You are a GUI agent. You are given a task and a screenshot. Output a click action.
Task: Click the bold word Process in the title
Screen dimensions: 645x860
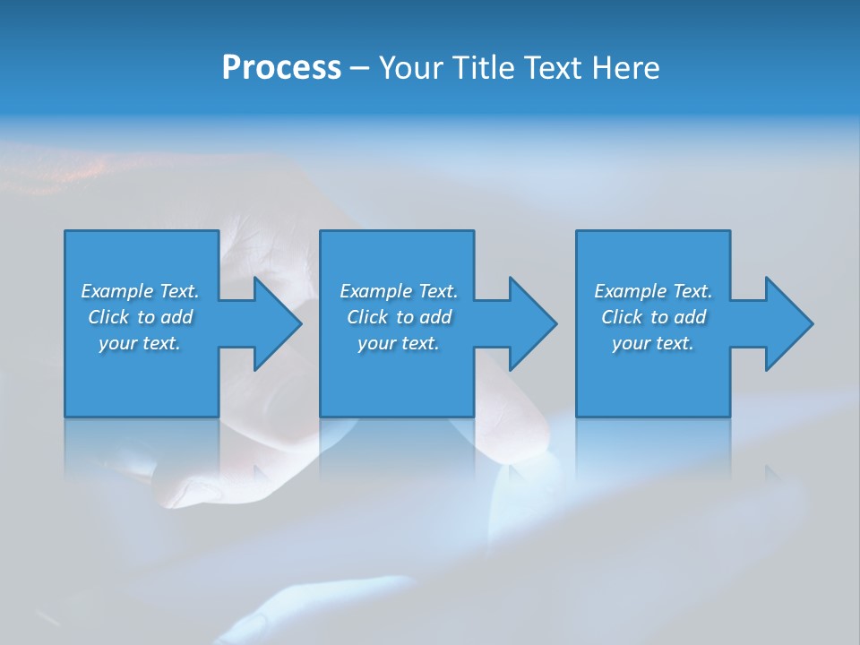(281, 68)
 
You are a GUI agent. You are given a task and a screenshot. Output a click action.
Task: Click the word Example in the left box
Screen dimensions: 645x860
(116, 291)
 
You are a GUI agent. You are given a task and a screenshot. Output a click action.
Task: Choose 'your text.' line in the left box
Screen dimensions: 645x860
(140, 343)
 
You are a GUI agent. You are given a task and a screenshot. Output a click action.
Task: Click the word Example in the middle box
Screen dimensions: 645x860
(375, 291)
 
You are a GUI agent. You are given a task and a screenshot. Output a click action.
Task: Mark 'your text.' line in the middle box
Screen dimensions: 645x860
(399, 343)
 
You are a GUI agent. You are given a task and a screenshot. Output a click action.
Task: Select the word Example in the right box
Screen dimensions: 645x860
(630, 291)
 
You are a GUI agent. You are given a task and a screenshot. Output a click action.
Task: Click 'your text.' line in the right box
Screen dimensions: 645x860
(653, 343)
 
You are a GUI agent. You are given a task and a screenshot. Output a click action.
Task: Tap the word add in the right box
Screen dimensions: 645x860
(690, 317)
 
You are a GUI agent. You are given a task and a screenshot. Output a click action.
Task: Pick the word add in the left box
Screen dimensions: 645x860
(176, 317)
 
